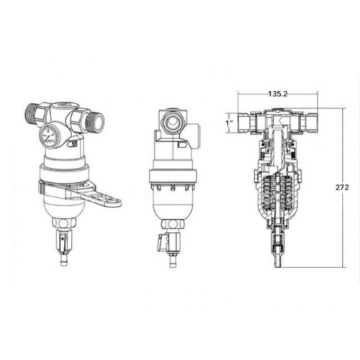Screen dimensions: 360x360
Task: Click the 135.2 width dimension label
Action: [278, 94]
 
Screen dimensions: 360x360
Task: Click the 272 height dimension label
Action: [342, 187]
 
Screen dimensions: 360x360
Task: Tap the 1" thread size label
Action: [228, 123]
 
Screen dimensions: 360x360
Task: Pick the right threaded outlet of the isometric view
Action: [95, 120]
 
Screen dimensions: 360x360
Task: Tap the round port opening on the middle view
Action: [172, 122]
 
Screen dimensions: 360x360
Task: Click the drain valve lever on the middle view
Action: [161, 243]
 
